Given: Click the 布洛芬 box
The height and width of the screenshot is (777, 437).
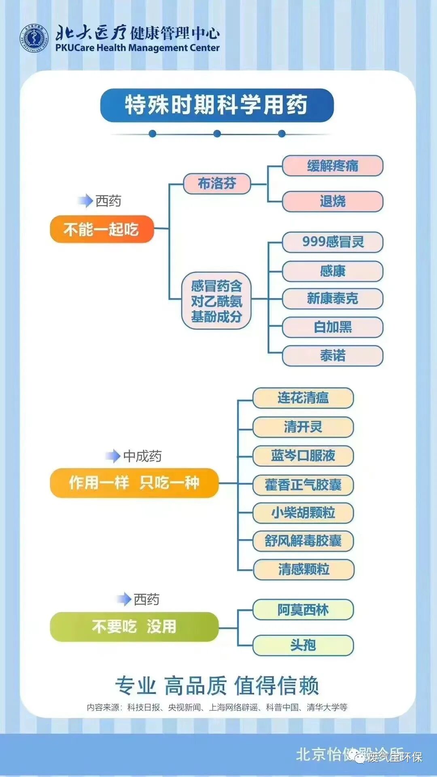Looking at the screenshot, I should pos(217,184).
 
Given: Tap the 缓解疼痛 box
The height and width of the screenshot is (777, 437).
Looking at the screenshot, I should pos(332,166).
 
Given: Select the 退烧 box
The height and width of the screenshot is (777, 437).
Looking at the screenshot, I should pos(332,201).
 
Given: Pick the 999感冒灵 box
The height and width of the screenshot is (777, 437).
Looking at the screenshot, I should pos(332,242).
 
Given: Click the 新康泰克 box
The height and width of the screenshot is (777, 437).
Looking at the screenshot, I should pos(332,299).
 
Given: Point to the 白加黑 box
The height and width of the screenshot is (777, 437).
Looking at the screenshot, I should pos(332,327).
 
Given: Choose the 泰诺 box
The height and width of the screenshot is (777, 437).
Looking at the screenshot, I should pos(332,356).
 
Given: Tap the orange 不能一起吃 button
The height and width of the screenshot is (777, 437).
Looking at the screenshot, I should pos(102,229).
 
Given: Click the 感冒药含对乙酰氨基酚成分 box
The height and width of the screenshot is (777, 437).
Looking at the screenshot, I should pos(216,301).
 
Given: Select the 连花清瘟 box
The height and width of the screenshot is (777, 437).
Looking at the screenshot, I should pos(303,398).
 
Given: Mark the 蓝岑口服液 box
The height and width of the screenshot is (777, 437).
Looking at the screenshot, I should pos(303,456).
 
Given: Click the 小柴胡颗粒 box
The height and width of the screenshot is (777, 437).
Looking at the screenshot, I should pos(303,513).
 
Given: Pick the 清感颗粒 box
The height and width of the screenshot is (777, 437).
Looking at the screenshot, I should pos(303,570).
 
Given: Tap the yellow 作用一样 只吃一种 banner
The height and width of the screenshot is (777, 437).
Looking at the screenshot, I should pos(134,483).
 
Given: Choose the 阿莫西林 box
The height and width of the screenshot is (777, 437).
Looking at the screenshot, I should pos(303,610).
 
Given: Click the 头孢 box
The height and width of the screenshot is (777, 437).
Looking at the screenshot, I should pos(303,645).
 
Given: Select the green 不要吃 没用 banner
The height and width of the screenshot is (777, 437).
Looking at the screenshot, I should pos(134,627).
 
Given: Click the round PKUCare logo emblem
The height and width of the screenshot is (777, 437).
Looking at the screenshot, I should pos(34,39).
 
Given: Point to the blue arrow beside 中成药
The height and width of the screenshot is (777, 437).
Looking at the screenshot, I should pos(113,456).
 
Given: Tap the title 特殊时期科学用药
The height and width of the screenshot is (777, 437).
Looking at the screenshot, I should pos(216,105).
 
